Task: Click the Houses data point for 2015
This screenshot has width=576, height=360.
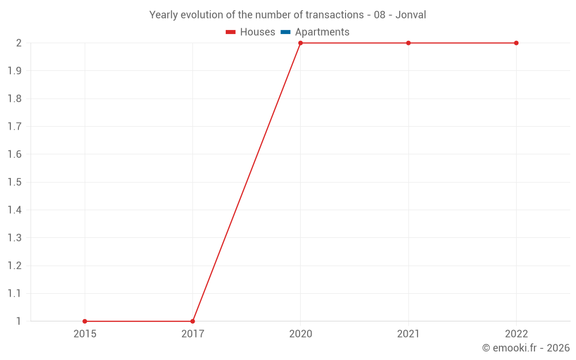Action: tap(85, 321)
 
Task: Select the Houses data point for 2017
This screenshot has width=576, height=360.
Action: tap(192, 321)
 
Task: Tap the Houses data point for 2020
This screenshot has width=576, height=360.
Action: tap(301, 43)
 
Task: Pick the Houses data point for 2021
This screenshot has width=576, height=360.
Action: tap(408, 43)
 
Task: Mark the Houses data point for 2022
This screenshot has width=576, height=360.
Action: tap(516, 43)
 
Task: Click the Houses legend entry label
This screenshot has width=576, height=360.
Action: tap(257, 32)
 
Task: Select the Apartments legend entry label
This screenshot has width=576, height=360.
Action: tap(322, 32)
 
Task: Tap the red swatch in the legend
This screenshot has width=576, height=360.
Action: tap(231, 32)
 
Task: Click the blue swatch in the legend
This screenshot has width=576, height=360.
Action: tap(286, 32)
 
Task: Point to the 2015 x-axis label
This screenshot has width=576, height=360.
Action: tap(85, 334)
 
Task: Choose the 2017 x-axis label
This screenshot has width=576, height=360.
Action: tap(192, 334)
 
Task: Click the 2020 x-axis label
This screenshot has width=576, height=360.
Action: tap(301, 334)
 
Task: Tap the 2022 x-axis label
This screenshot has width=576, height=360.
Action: tap(516, 334)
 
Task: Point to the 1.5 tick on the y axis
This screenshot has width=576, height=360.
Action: tap(14, 182)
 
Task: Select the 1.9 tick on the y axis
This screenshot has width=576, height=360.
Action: tap(14, 71)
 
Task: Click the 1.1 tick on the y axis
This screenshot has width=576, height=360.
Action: tap(14, 294)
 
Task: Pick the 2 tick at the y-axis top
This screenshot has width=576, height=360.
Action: tap(18, 43)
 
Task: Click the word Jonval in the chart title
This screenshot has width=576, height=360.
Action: tap(411, 15)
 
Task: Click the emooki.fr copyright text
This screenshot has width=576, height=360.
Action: tap(526, 348)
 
